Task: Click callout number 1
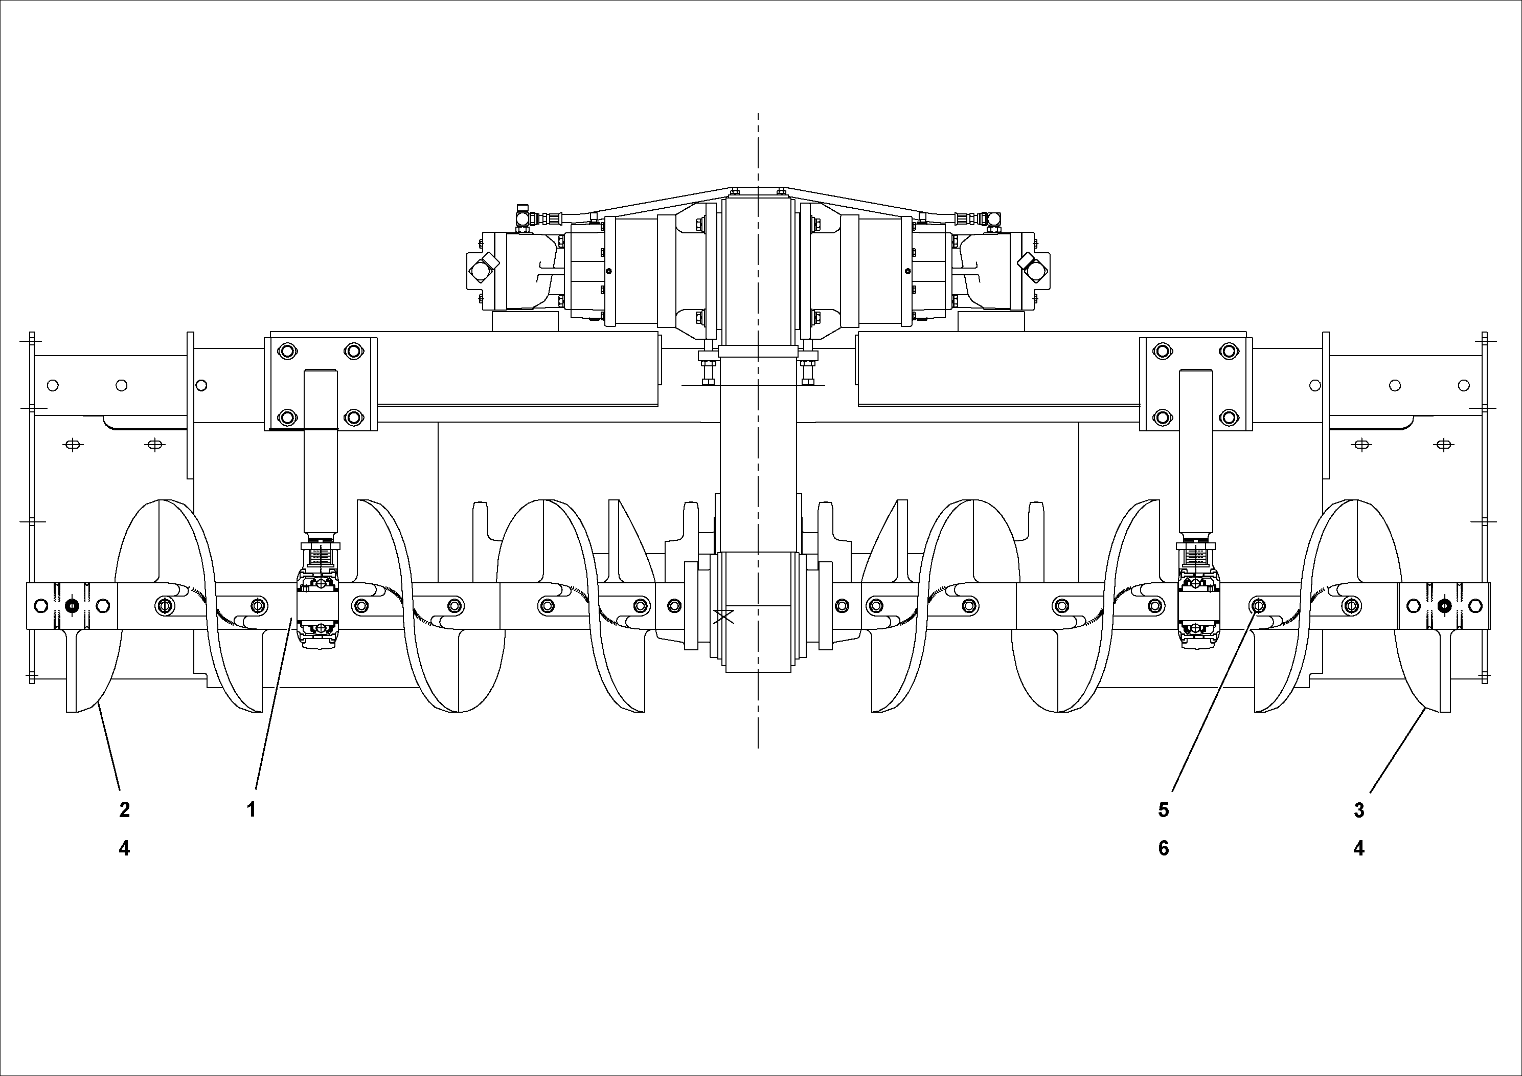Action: coord(251,809)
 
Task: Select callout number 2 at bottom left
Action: coord(124,809)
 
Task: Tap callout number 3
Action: coord(1359,809)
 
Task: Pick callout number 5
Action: coord(1164,809)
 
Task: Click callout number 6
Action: coord(1164,848)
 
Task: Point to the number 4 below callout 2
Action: coord(124,848)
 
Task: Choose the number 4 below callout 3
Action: coord(1359,848)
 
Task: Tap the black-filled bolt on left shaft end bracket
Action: coord(72,606)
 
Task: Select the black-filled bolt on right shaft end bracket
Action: coord(1443,606)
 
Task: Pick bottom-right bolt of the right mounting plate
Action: coord(1229,418)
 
